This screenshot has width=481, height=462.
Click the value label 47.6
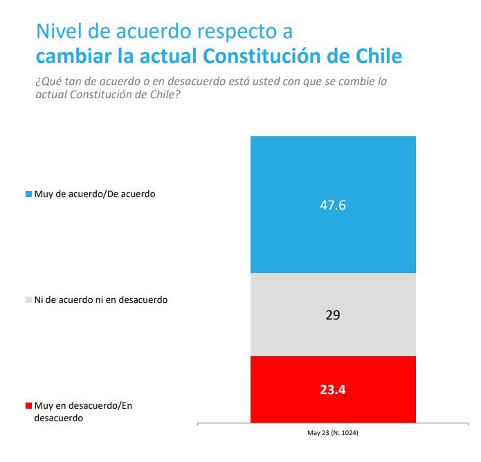[333, 205]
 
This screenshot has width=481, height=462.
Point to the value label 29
[333, 315]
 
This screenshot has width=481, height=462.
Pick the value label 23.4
[333, 389]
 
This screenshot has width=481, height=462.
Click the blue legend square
[28, 194]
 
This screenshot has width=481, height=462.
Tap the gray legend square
[28, 300]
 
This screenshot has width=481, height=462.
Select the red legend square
[28, 406]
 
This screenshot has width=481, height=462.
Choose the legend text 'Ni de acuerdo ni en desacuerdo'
[101, 300]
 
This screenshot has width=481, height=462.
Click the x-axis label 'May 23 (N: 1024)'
[333, 434]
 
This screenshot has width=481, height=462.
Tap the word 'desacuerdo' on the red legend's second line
[57, 418]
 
